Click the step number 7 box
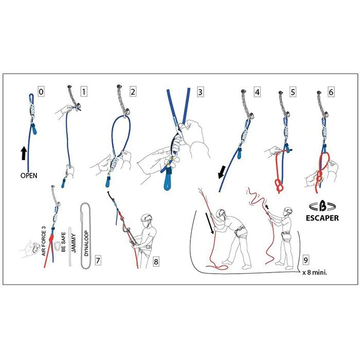pyautogui.click(x=98, y=260)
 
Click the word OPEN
pyautogui.click(x=29, y=175)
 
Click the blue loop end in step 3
pyautogui.click(x=168, y=179)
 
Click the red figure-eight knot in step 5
pyautogui.click(x=278, y=186)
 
